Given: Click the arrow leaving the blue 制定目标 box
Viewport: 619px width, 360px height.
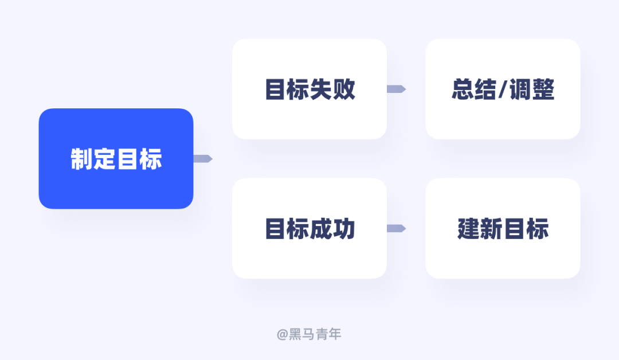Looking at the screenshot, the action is [203, 159].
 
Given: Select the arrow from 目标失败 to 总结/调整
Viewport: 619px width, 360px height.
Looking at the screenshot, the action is [396, 89].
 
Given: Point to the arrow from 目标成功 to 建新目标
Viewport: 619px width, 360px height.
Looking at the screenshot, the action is [396, 228].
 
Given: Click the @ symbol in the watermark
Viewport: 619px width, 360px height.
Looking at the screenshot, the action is [282, 334].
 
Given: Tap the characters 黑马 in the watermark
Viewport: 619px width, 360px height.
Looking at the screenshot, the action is [300, 334].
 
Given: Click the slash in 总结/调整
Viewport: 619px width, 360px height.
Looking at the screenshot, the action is [503, 90].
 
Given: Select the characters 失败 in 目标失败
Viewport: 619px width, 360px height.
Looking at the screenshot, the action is [333, 90].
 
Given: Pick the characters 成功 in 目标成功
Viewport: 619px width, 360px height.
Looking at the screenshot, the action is [333, 229].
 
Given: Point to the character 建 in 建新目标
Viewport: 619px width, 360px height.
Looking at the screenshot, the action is [469, 229].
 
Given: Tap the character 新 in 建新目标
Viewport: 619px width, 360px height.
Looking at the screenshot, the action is [492, 229].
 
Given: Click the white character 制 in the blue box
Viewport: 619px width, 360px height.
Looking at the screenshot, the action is [82, 159].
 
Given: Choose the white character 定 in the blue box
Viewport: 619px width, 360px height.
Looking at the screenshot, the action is [105, 159].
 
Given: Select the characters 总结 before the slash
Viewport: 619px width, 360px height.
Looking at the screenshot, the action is [474, 90].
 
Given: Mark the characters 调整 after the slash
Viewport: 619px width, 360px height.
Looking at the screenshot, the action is [531, 90].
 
